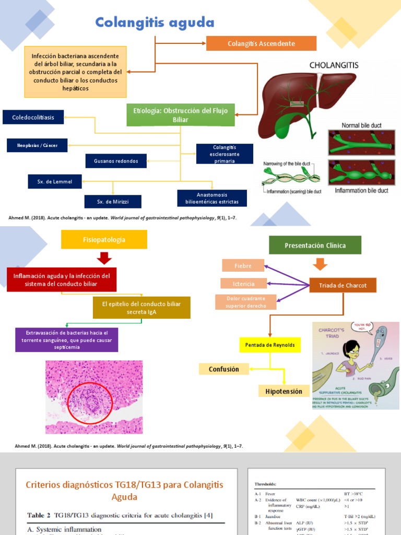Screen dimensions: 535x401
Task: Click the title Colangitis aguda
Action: [155, 22]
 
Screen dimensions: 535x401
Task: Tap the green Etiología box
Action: [181, 115]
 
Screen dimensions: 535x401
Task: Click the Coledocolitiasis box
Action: [33, 118]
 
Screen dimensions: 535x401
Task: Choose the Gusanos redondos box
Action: [116, 161]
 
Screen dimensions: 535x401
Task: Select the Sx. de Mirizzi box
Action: [112, 201]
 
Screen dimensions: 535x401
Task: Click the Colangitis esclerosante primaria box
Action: [225, 154]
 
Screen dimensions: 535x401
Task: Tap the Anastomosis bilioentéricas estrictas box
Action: [211, 198]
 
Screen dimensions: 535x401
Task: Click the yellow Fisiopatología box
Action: [104, 239]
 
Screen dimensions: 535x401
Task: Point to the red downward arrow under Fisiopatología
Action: [104, 258]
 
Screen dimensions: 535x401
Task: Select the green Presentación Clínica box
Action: [315, 245]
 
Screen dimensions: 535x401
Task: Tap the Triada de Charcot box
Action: [343, 285]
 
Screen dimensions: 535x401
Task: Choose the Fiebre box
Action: [243, 265]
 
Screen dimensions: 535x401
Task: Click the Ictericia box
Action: [244, 284]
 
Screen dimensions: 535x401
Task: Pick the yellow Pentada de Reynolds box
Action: [270, 345]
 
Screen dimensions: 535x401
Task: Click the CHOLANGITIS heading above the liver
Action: [334, 65]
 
